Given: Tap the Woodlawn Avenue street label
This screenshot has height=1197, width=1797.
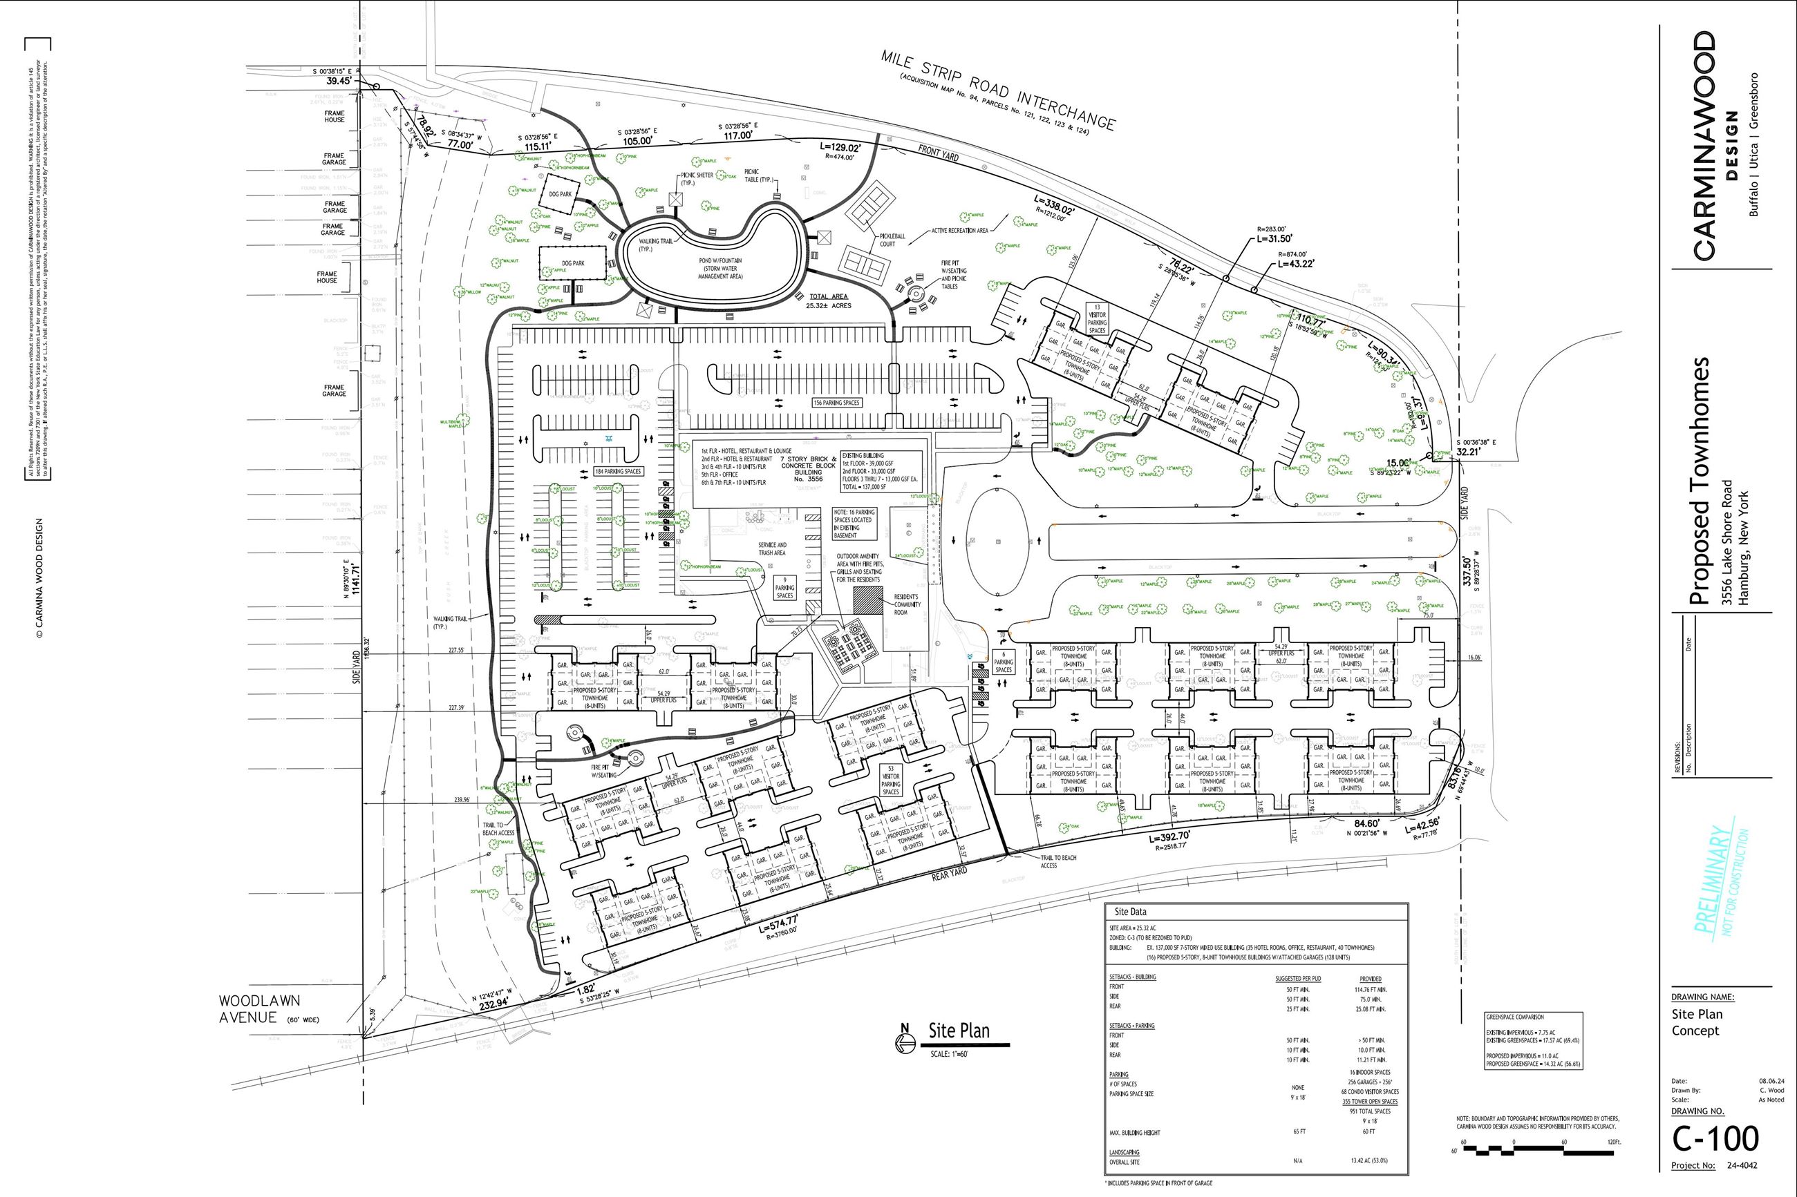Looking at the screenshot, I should coord(260,1008).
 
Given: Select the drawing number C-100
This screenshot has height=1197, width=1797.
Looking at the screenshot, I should coord(1715,1138).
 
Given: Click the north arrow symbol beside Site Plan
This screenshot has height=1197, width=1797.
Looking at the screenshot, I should coord(904,1042).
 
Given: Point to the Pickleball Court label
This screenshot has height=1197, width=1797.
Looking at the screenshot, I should coord(892,240).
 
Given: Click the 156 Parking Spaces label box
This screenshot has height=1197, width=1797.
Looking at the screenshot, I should coord(836,402).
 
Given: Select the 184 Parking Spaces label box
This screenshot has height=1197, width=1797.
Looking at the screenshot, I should coord(618,471).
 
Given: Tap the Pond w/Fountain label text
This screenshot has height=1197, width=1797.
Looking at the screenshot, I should coord(719,268).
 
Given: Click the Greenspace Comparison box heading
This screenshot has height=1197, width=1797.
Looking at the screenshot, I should coord(1514,1017).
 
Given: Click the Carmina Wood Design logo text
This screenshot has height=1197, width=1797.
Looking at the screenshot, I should coord(1704,145).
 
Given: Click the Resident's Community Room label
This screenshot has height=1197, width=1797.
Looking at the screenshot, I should coord(907,604).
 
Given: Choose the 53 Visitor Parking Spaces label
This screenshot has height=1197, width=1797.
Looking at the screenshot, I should coord(890,781).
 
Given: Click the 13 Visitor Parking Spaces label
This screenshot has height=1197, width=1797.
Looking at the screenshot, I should coord(1097,319).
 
